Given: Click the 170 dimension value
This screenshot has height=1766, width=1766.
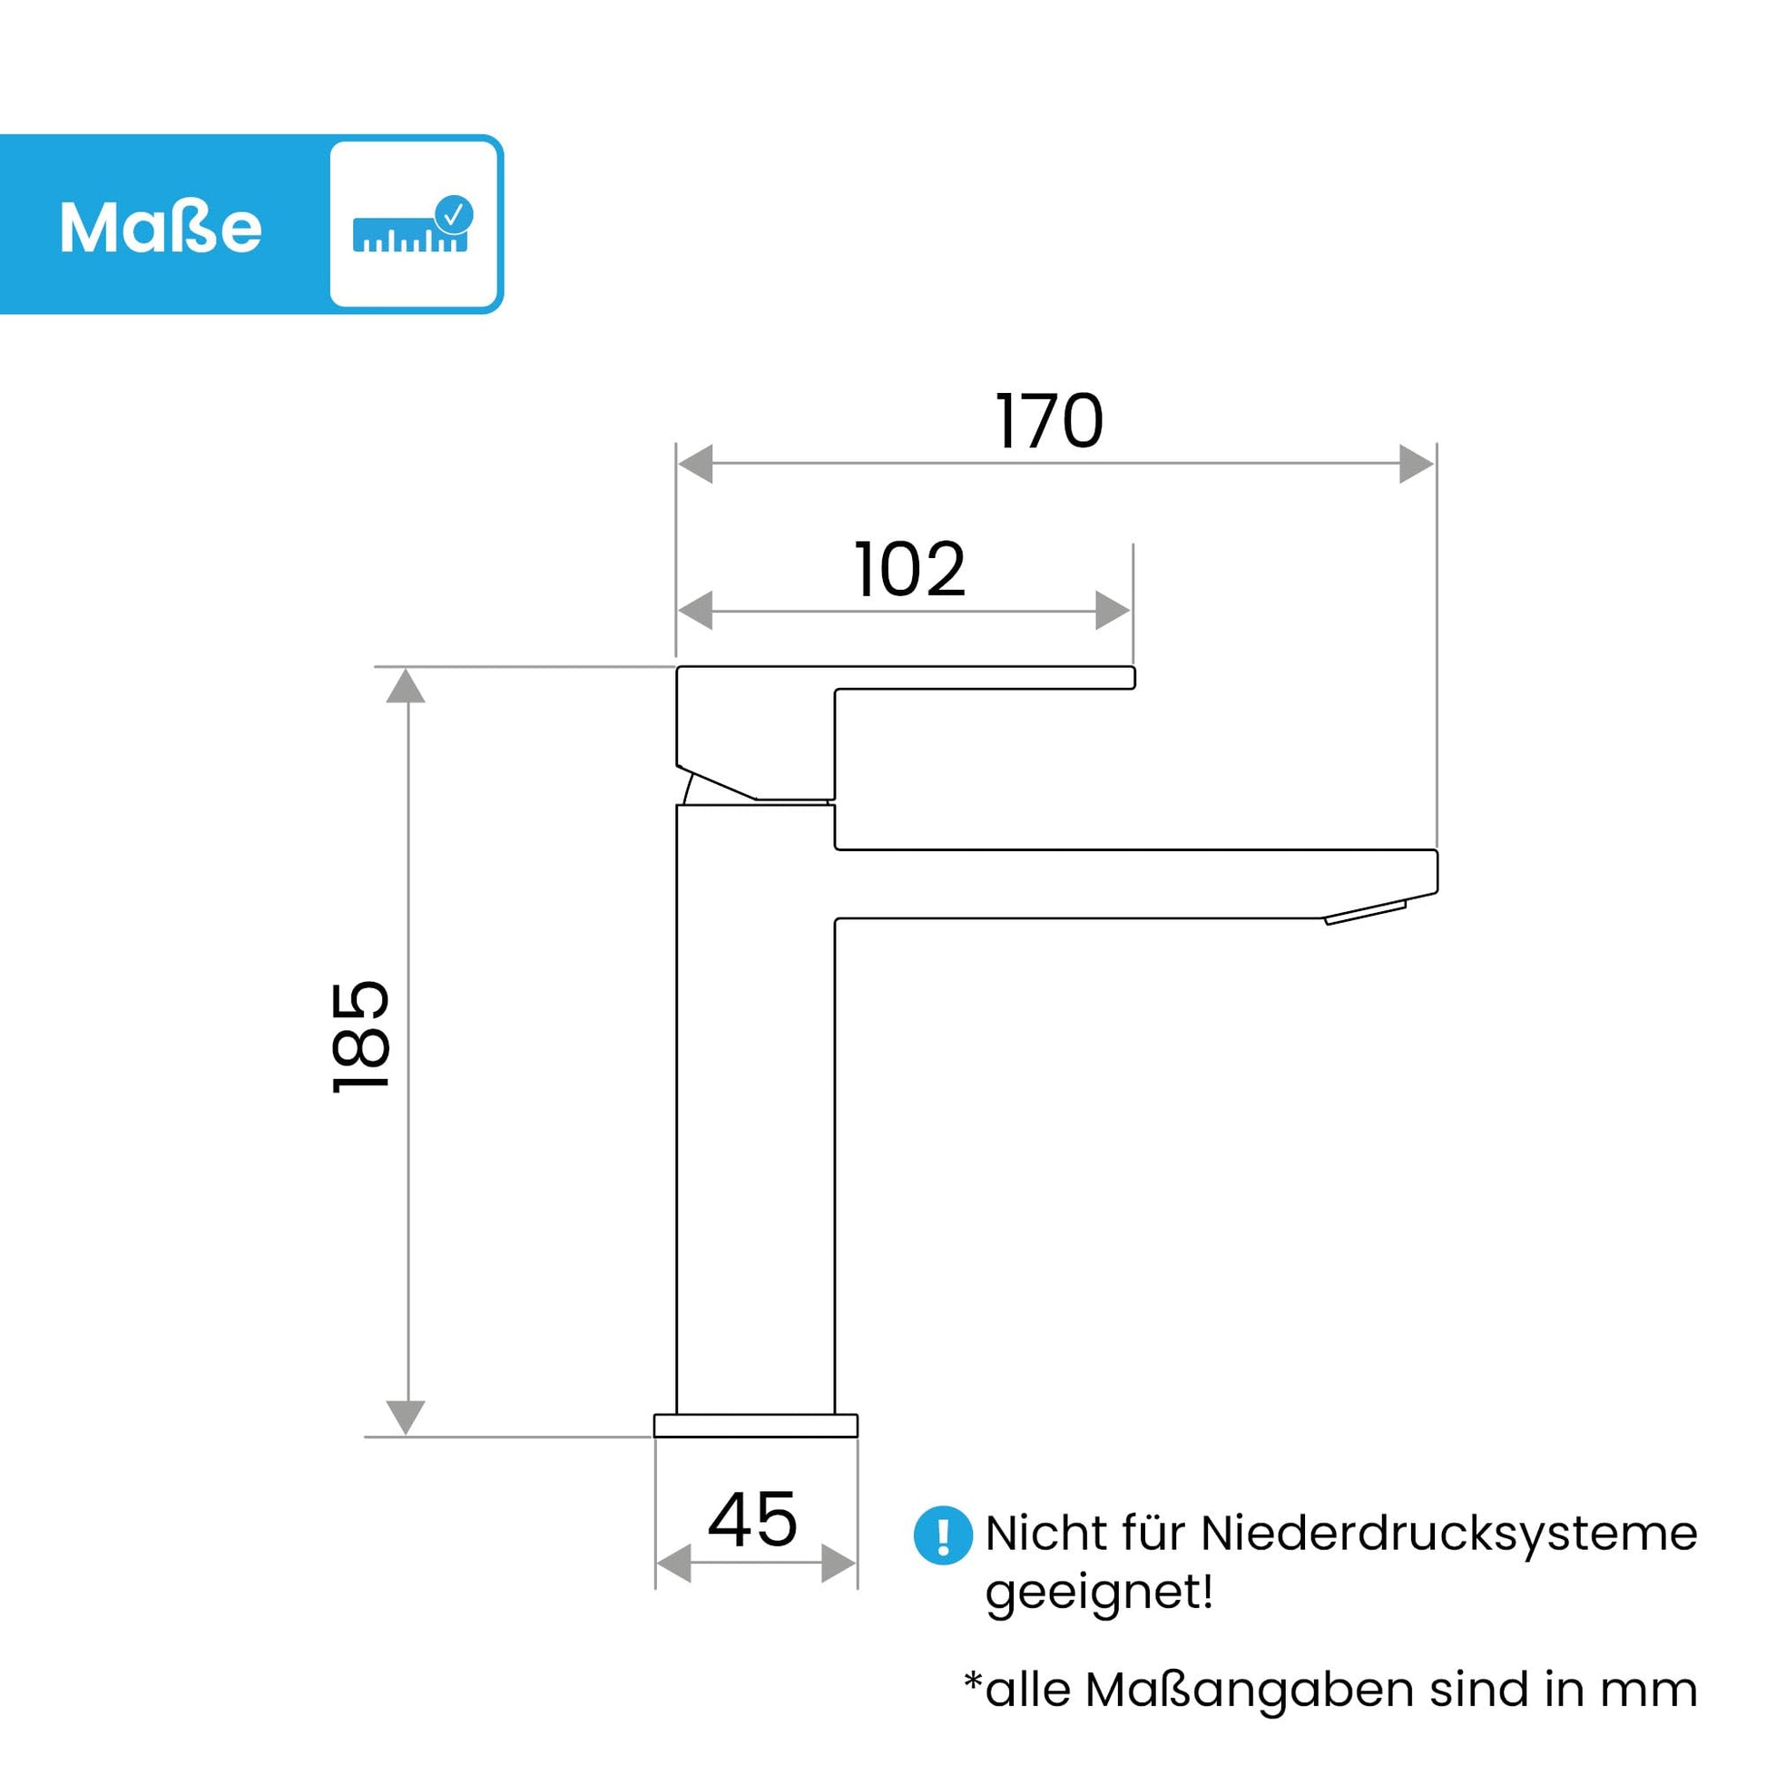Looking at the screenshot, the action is pyautogui.click(x=1049, y=421).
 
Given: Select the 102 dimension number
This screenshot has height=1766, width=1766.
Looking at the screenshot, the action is pyautogui.click(x=909, y=570).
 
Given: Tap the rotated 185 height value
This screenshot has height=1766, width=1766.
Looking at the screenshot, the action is pyautogui.click(x=361, y=1036).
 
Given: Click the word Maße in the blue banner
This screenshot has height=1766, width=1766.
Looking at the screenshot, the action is pyautogui.click(x=161, y=228).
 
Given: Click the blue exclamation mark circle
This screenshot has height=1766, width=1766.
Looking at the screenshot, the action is pyautogui.click(x=942, y=1535).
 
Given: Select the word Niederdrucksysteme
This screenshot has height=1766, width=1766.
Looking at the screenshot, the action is pyautogui.click(x=1448, y=1533).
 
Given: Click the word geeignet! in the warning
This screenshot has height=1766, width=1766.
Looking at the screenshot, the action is pyautogui.click(x=1100, y=1593).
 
